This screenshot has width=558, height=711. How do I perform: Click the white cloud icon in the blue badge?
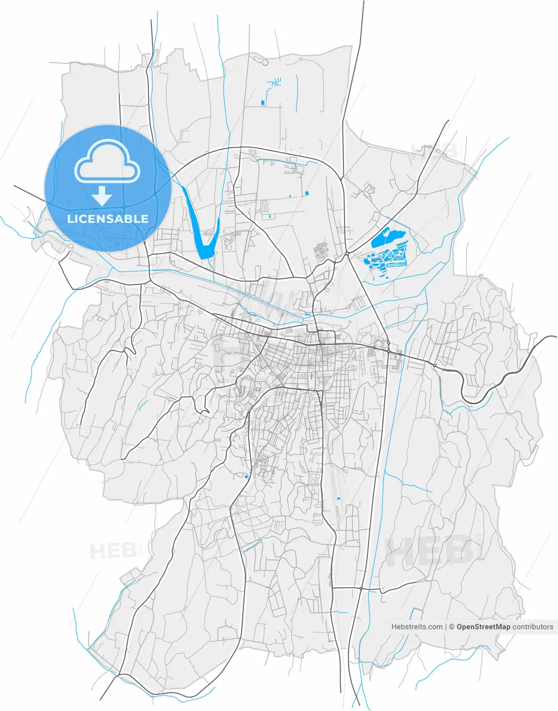point(107,162)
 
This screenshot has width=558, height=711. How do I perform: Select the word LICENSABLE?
point(108,219)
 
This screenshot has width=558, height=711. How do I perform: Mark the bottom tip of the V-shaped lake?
point(204,256)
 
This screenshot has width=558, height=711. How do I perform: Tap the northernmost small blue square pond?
point(262,102)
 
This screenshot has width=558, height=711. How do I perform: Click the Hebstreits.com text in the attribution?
point(417,627)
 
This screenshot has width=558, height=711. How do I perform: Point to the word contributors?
point(533,627)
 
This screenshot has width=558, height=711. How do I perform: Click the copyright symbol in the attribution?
point(452,627)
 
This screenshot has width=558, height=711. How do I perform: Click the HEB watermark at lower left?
point(113,551)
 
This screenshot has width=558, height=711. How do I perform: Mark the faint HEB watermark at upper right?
point(433,150)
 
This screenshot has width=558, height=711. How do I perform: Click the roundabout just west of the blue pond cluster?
point(347,254)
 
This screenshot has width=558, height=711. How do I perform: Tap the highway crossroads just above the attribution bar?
point(361,588)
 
